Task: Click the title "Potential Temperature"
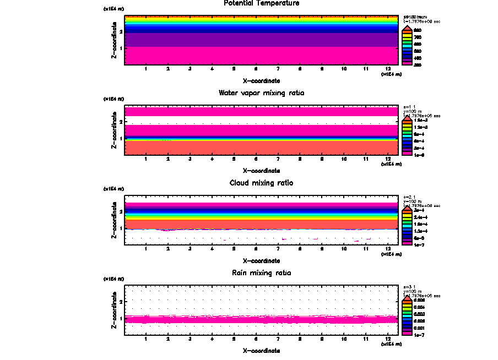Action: coord(261,3)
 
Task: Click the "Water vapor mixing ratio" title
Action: coord(261,92)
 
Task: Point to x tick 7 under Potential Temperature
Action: coord(278,69)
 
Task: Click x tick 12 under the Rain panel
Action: coord(388,339)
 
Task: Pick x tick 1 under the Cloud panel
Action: coord(145,249)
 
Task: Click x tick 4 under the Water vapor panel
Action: coord(212,159)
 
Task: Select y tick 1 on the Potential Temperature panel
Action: coord(120,48)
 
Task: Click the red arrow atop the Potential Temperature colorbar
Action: coord(407,28)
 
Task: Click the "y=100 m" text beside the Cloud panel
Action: coord(413,200)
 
